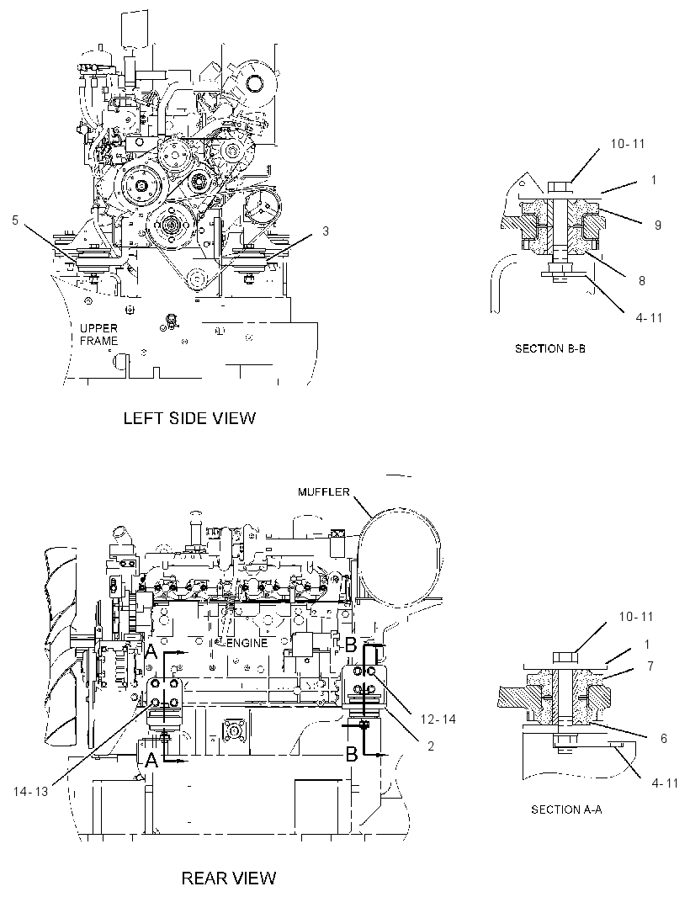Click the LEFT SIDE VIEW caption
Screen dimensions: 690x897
pyautogui.click(x=189, y=418)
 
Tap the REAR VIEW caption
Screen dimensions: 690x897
pyautogui.click(x=229, y=878)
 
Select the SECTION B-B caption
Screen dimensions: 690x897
pyautogui.click(x=549, y=348)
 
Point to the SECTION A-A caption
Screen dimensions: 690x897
pyautogui.click(x=566, y=809)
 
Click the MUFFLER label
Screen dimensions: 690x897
pyautogui.click(x=324, y=492)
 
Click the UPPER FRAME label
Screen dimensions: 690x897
pyautogui.click(x=99, y=335)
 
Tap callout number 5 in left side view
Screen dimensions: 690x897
pyautogui.click(x=15, y=220)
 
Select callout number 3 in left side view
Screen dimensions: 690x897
pyautogui.click(x=326, y=231)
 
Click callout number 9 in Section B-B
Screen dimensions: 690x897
pyautogui.click(x=658, y=225)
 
